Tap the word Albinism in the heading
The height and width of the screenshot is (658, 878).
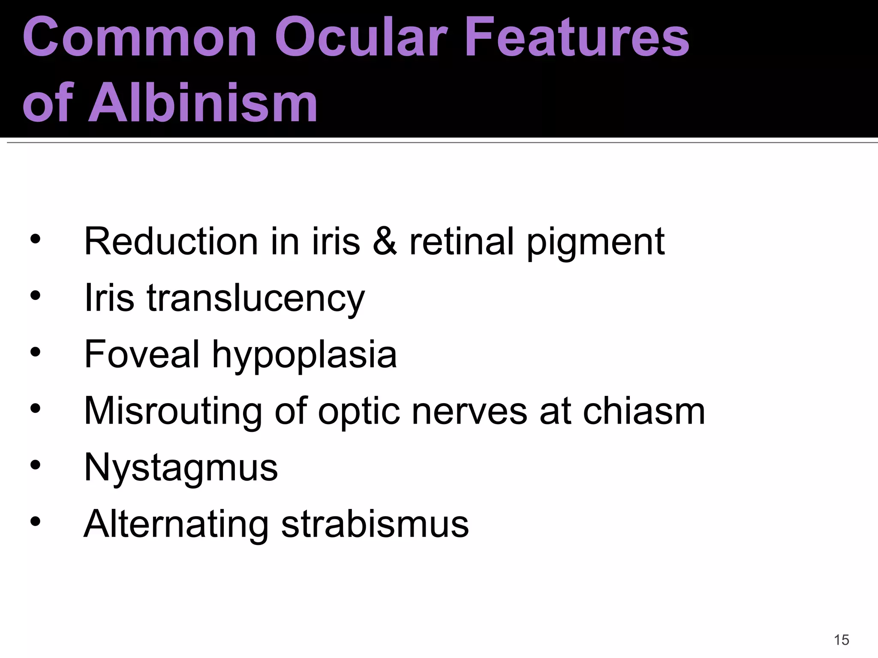[202, 103]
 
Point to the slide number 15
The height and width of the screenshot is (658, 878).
[842, 640]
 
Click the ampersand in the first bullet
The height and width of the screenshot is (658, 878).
[385, 242]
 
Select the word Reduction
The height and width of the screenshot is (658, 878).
[171, 242]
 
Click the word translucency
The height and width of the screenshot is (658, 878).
[256, 299]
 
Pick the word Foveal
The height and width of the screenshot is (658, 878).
[142, 354]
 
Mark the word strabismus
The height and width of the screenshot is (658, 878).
[375, 524]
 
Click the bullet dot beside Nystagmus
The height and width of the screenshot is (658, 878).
[36, 465]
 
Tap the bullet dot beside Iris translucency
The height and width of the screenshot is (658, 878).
[36, 295]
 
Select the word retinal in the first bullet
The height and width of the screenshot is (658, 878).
[461, 242]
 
